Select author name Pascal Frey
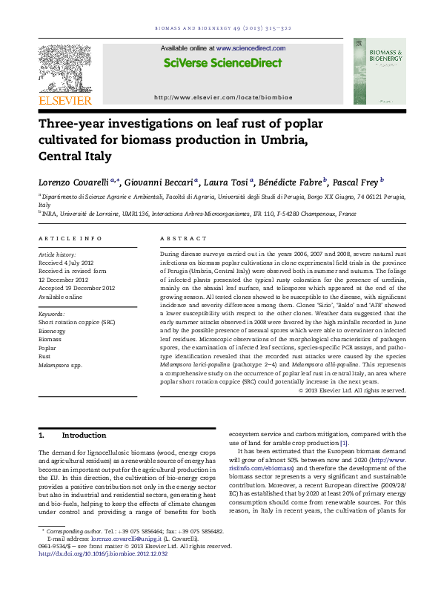point(356,180)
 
